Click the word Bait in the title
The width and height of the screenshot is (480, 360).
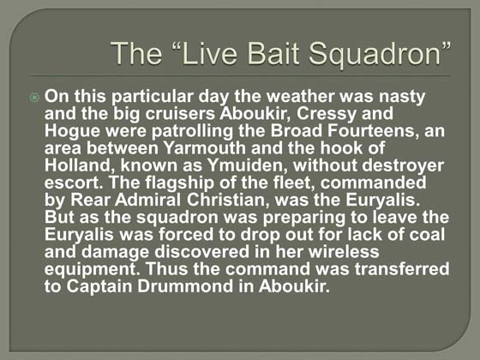point(273,53)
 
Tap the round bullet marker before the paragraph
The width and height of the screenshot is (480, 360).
point(34,98)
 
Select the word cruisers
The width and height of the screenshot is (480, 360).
point(180,113)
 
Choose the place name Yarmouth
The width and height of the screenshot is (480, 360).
point(205,147)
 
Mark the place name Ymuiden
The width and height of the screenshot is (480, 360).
point(248,165)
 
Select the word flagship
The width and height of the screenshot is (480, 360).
point(180,183)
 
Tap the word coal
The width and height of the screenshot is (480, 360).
point(427,235)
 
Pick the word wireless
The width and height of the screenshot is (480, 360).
point(344,252)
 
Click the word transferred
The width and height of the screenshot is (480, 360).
point(402,269)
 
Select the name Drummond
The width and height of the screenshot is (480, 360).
point(185,286)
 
